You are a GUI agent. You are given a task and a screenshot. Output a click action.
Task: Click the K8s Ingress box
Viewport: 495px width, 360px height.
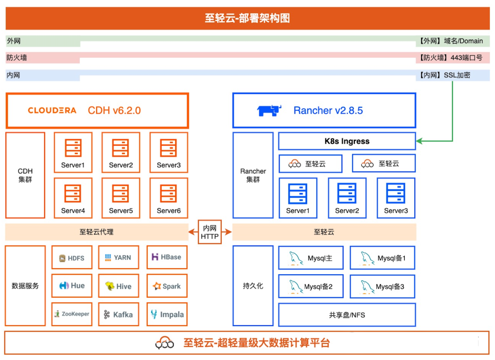click(x=346, y=141)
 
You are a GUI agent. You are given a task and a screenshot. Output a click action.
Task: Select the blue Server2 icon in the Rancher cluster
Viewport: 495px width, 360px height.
click(x=347, y=194)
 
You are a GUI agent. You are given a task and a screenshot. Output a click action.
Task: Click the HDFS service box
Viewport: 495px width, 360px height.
click(x=72, y=258)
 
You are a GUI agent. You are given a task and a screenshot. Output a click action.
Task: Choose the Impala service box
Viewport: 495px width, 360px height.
click(x=167, y=315)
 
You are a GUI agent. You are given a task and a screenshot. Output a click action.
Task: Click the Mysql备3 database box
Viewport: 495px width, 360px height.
click(x=382, y=287)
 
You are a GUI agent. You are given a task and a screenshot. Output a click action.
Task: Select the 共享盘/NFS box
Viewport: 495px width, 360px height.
click(x=346, y=315)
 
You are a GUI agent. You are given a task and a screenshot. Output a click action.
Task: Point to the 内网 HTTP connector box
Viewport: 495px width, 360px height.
click(x=210, y=232)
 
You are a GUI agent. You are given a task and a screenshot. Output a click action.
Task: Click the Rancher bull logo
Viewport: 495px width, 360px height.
click(x=269, y=111)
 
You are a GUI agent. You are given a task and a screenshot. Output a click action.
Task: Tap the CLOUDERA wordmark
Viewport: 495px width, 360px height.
click(x=52, y=111)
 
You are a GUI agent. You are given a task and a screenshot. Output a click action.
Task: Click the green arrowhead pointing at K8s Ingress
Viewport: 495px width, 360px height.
click(x=419, y=141)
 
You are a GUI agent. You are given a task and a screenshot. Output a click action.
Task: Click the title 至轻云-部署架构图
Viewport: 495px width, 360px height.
click(x=247, y=18)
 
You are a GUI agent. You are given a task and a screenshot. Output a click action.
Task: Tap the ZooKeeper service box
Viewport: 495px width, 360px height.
click(x=72, y=314)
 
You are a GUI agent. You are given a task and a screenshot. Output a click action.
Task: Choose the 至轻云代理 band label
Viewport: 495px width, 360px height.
click(x=96, y=232)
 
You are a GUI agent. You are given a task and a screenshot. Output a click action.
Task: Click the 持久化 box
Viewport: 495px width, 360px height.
click(x=253, y=286)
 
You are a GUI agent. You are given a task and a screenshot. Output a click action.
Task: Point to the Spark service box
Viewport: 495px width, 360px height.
click(x=167, y=286)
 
